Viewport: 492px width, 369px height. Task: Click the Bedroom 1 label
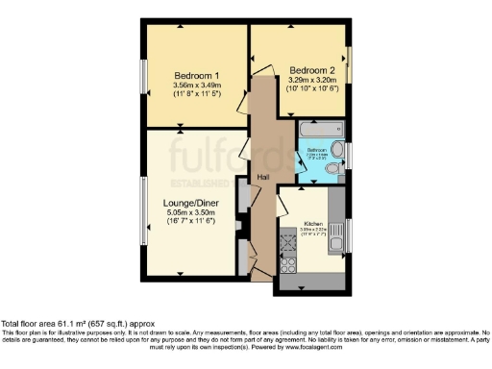click(197, 76)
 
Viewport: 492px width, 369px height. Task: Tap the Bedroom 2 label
click(313, 70)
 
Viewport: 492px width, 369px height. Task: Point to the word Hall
click(262, 178)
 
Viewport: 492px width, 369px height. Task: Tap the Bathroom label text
click(316, 151)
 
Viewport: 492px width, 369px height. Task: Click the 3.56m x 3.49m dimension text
click(197, 86)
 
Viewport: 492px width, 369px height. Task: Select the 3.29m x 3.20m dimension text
click(313, 81)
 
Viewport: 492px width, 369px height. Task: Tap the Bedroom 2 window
click(350, 65)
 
